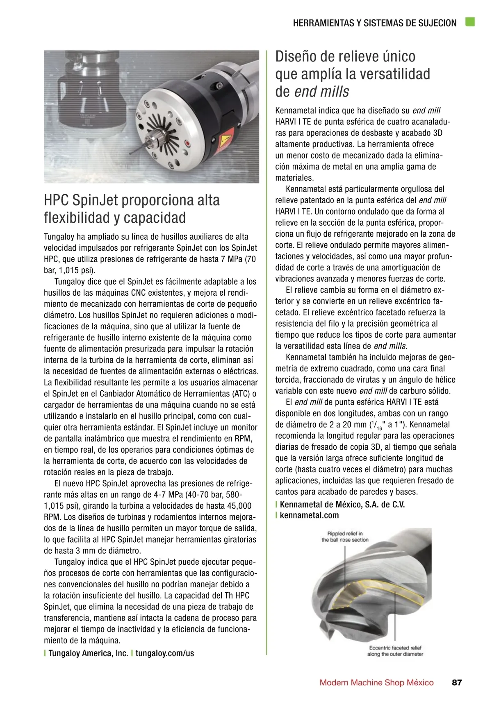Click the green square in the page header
[x=470, y=22]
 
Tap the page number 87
[x=457, y=682]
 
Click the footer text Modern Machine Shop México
[x=376, y=682]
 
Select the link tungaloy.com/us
[x=165, y=653]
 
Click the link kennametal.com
[x=310, y=515]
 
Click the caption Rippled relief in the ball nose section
[x=345, y=537]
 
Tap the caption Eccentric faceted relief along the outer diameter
[x=395, y=651]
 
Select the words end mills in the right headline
[x=322, y=91]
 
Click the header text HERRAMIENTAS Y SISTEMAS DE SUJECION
[x=375, y=23]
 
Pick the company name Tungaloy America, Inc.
[x=88, y=653]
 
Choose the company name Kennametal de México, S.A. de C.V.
[x=342, y=505]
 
